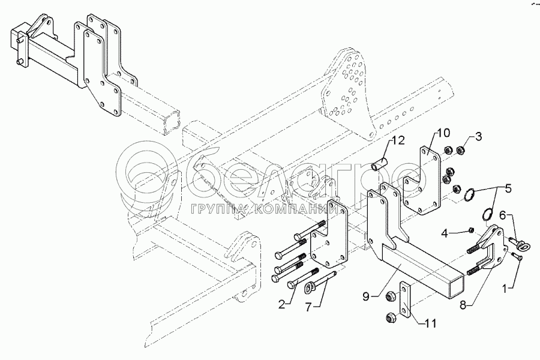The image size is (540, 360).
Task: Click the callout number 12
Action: tap(397, 140)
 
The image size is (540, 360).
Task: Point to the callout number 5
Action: tap(508, 189)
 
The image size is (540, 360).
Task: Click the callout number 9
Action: tap(366, 296)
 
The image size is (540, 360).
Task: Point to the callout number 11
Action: tap(430, 323)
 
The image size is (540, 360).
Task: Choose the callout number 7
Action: tap(308, 306)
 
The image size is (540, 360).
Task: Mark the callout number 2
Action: tap(282, 304)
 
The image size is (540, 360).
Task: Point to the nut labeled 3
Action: tap(459, 150)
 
